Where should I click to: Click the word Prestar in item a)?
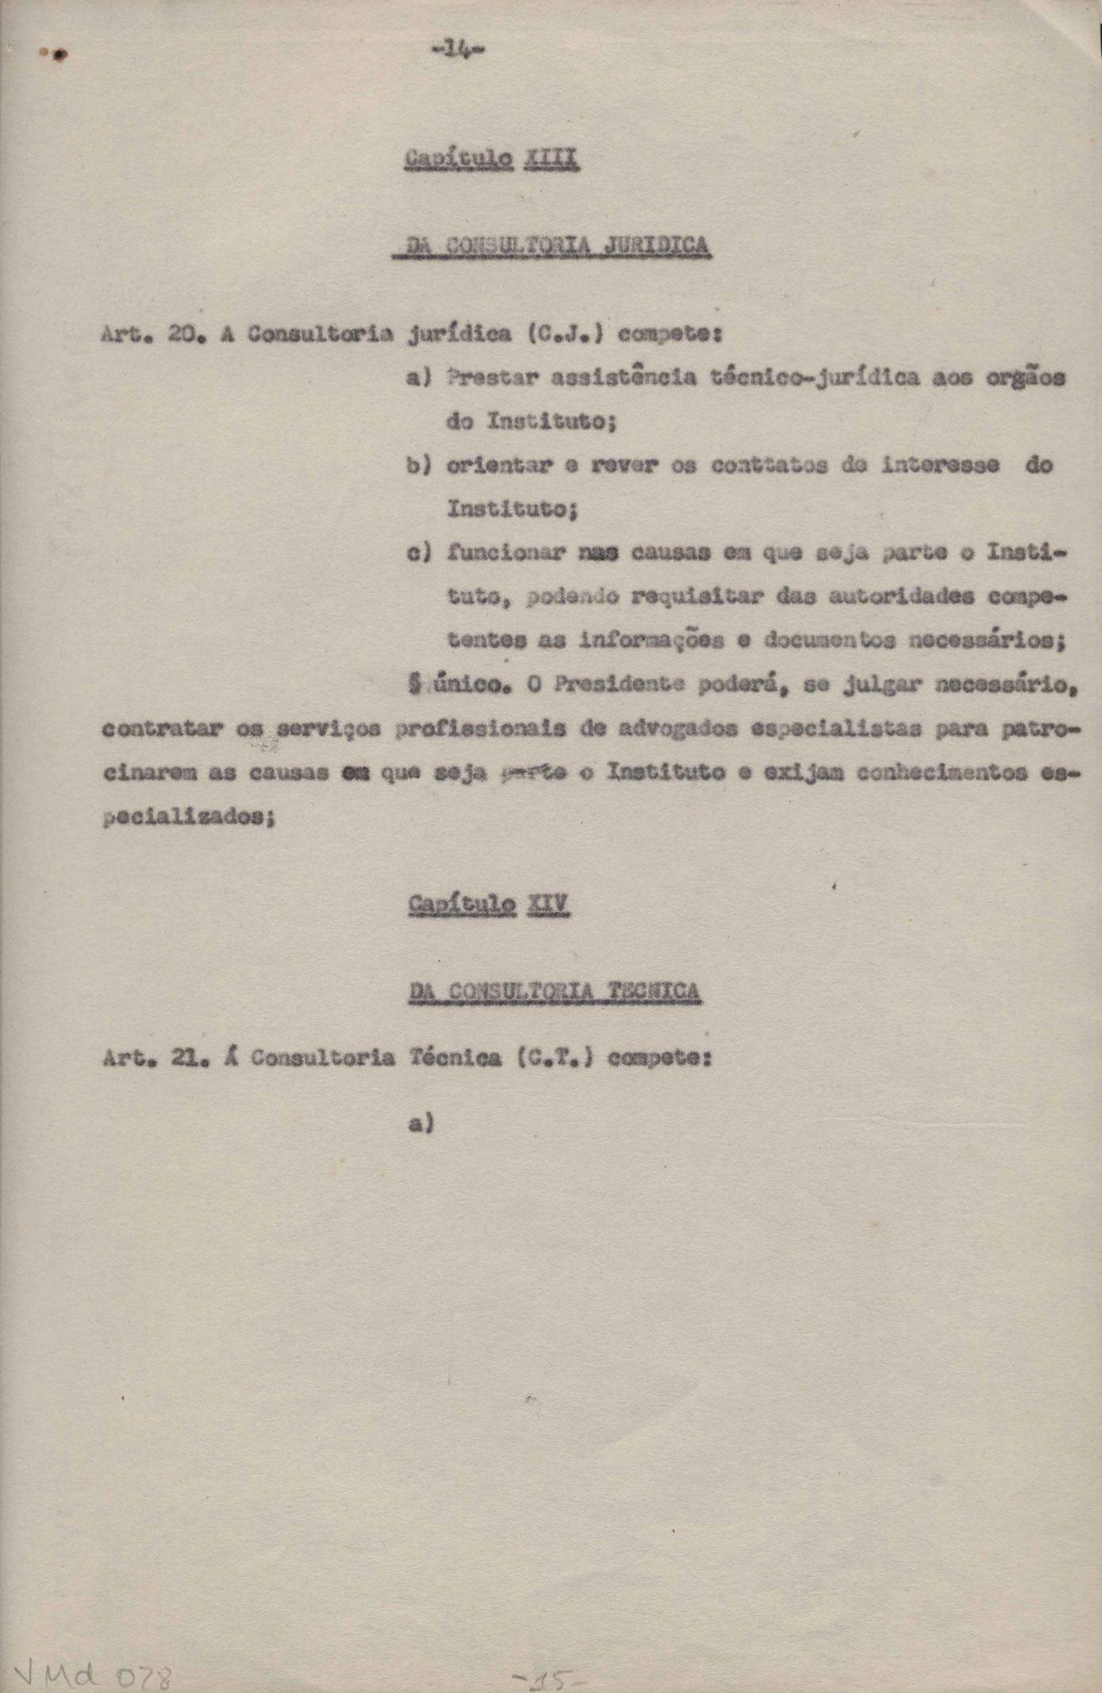tap(491, 378)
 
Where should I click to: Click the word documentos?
tap(825, 641)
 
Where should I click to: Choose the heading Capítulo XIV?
tap(490, 904)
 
